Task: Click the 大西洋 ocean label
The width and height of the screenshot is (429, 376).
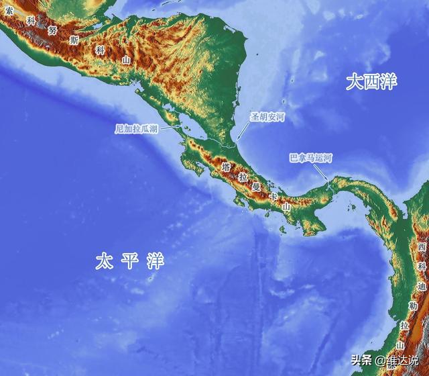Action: [x=371, y=83]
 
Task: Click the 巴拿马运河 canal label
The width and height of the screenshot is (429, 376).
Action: [x=310, y=158]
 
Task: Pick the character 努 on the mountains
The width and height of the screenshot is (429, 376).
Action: [x=52, y=30]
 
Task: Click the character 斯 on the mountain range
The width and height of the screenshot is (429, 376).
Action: [x=74, y=40]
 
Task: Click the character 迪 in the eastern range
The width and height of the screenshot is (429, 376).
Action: [x=420, y=287]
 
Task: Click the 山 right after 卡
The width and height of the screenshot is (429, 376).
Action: [x=286, y=207]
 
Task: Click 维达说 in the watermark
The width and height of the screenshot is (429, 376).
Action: [x=406, y=361]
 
